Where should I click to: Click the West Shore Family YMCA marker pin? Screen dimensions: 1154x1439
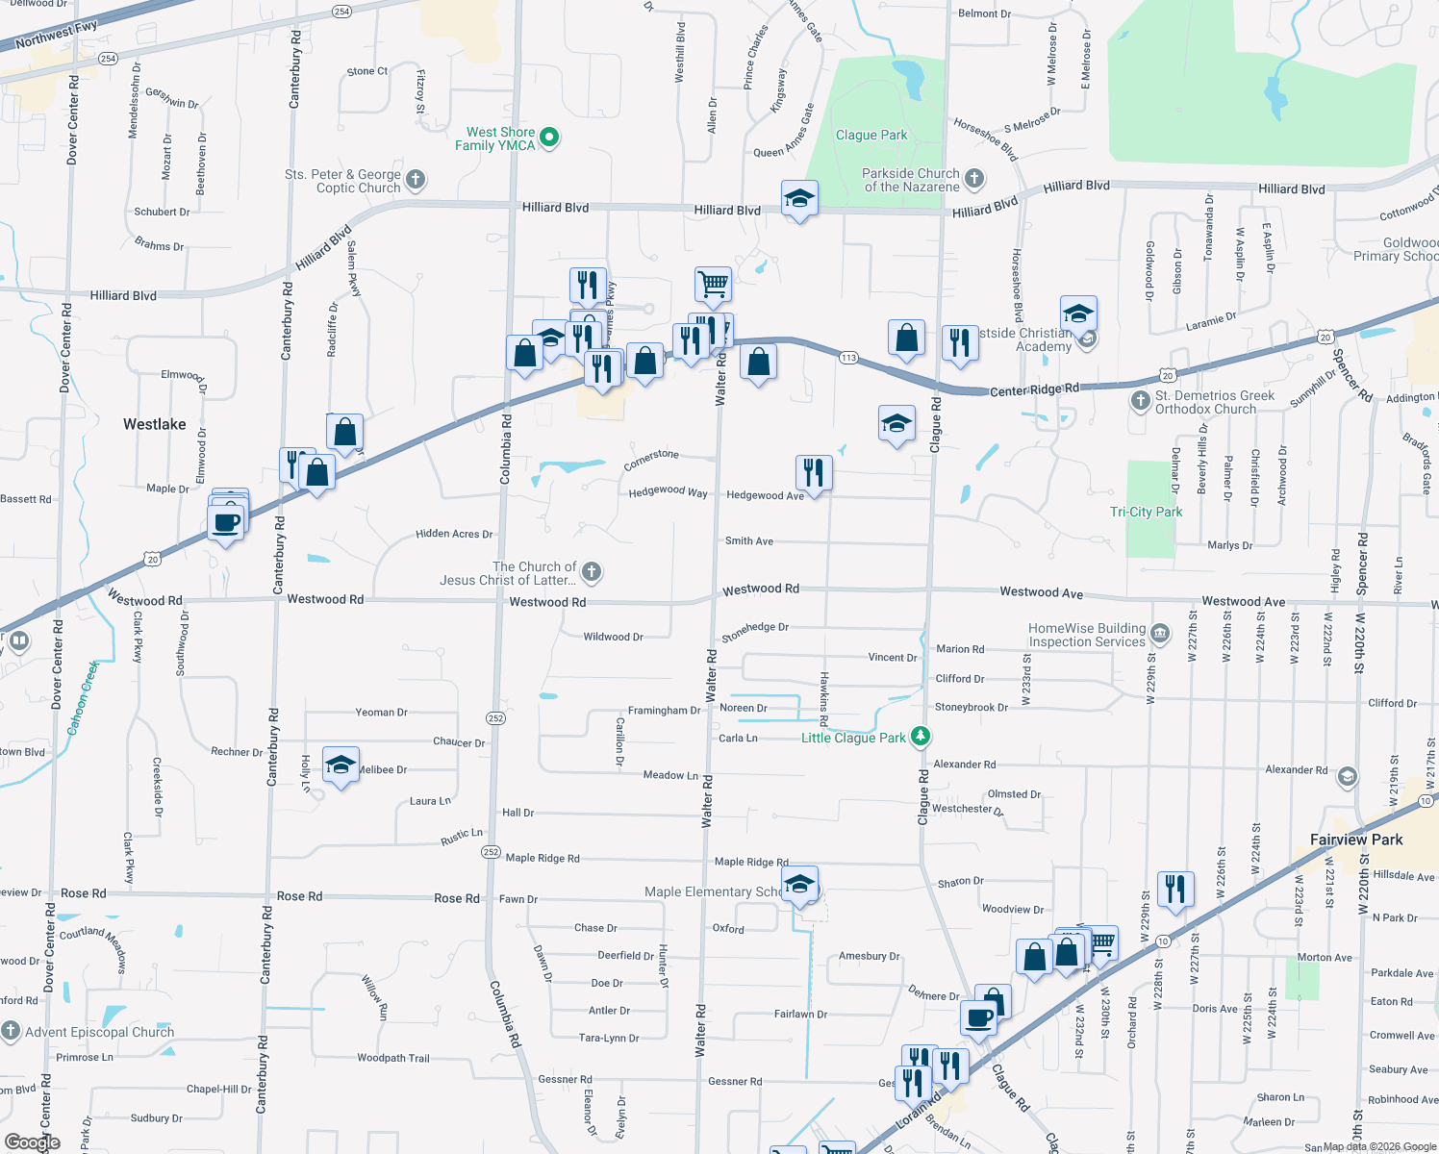click(x=549, y=138)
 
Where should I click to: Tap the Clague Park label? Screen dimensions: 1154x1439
click(x=871, y=136)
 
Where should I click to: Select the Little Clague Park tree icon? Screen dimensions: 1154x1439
click(x=921, y=737)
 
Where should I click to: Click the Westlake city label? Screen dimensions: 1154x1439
click(x=155, y=424)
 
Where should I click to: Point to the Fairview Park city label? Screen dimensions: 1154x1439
click(x=1356, y=840)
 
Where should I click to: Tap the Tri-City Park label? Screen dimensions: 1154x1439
click(x=1146, y=512)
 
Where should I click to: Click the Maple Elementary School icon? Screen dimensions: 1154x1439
click(x=799, y=884)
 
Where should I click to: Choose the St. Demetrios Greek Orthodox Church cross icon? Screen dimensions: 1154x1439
click(x=1140, y=401)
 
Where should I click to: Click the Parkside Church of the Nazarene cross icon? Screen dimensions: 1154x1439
click(x=974, y=179)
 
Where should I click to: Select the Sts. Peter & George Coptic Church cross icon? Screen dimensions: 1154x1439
click(x=416, y=180)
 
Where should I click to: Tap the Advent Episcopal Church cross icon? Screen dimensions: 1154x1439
click(x=11, y=1032)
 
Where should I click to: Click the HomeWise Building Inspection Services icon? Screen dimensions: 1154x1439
click(x=1160, y=634)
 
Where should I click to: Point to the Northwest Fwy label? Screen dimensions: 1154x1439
click(x=56, y=34)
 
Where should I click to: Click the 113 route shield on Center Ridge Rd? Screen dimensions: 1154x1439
click(x=847, y=358)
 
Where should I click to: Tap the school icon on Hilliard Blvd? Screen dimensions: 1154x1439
click(x=799, y=199)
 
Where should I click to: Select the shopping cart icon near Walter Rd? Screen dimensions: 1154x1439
click(x=713, y=284)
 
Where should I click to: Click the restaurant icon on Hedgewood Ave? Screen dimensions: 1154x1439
click(x=814, y=472)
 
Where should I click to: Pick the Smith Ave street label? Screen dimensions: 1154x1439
click(x=749, y=541)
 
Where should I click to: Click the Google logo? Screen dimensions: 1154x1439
click(x=32, y=1142)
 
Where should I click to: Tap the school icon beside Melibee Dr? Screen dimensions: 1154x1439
click(x=341, y=765)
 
